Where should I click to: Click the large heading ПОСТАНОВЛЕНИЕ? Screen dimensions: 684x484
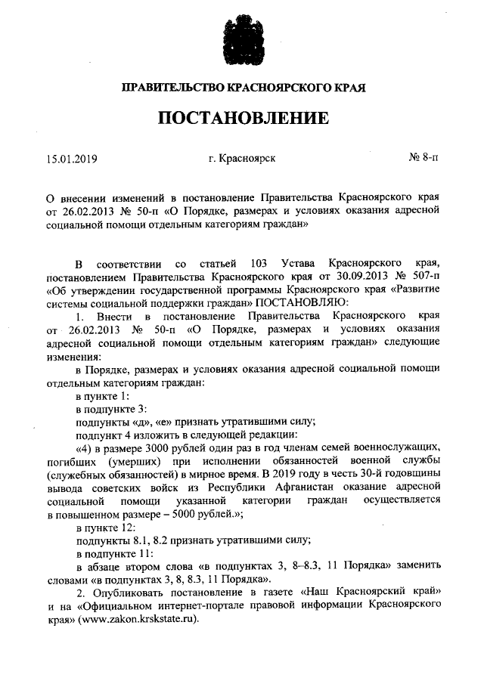[x=243, y=119]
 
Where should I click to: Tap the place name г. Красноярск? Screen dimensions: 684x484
[x=242, y=159]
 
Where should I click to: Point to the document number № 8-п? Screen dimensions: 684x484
[x=423, y=159]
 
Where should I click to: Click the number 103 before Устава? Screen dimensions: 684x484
[x=255, y=263]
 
